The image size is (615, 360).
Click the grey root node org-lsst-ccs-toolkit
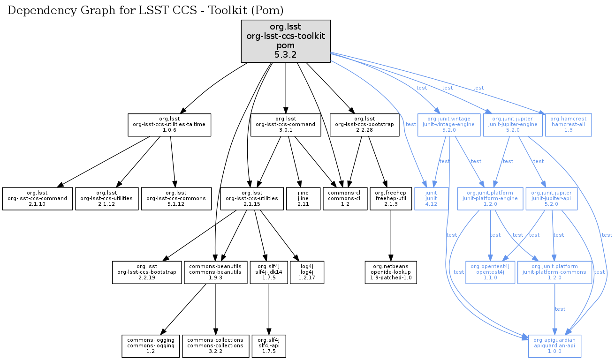[286, 41]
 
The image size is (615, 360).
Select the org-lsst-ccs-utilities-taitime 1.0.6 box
[170, 124]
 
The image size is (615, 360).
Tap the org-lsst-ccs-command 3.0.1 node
[286, 124]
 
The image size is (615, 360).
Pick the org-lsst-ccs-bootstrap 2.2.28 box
[364, 124]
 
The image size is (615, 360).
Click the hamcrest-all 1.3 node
[569, 124]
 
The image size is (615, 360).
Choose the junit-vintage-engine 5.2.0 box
[449, 124]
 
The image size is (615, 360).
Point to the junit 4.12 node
[431, 199]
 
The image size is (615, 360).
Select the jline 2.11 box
[303, 199]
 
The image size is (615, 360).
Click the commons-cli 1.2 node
[345, 199]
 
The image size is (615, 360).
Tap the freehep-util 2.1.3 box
[390, 199]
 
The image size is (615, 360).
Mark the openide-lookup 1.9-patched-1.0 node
[391, 272]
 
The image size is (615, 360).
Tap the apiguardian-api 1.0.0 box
[555, 346]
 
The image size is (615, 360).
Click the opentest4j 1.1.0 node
[490, 272]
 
